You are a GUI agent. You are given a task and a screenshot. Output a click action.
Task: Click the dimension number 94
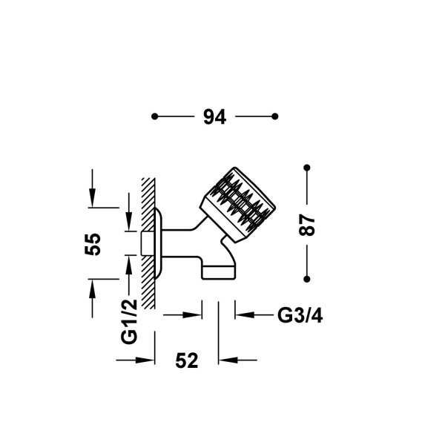(214, 116)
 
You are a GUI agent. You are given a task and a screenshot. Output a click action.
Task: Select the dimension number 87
(307, 225)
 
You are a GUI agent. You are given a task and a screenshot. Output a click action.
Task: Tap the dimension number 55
(93, 244)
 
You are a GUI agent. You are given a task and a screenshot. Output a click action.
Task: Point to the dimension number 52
(186, 360)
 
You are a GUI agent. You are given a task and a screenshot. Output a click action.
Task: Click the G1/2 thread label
(129, 322)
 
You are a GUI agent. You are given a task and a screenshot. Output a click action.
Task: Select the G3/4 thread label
(300, 315)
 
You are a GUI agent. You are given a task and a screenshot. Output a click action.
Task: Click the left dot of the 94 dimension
(155, 116)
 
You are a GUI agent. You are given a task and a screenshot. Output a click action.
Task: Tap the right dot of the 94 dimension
(274, 116)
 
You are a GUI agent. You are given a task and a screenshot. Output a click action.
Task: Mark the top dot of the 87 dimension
(307, 168)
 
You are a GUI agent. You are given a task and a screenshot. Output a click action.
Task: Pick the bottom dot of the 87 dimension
(307, 280)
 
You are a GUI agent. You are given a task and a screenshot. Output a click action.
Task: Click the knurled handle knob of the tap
(238, 205)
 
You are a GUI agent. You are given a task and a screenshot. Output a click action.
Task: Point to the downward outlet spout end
(219, 272)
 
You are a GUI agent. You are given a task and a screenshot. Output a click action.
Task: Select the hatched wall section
(148, 243)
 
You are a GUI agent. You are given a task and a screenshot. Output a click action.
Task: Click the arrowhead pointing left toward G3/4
(245, 314)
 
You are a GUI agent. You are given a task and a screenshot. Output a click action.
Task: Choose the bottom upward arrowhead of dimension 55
(92, 289)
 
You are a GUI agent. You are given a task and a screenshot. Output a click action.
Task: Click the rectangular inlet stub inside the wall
(148, 243)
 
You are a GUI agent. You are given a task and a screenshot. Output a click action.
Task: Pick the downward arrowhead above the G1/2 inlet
(129, 222)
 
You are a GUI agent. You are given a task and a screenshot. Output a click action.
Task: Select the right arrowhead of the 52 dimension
(228, 360)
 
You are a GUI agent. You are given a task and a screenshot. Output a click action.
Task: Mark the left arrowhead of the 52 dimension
(145, 360)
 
